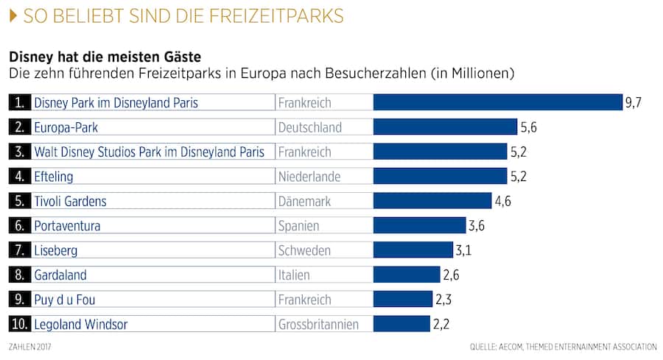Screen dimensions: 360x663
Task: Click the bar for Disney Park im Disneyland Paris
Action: pos(497,102)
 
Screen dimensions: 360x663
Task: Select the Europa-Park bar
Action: pos(445,127)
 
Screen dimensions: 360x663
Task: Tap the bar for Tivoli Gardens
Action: pos(432,201)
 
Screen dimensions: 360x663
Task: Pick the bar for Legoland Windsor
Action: pos(401,324)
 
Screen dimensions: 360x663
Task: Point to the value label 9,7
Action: pos(634,102)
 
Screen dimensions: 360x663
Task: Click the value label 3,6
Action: pos(477,225)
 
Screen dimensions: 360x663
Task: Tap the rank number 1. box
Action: pos(20,102)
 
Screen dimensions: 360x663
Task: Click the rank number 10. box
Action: pos(20,324)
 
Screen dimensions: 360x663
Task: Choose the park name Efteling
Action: pos(54,177)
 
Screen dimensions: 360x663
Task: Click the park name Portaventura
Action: pos(67,225)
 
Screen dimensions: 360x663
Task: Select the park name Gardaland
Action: pos(60,275)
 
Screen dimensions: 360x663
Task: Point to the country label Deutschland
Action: pos(309,127)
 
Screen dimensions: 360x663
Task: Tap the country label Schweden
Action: pos(304,250)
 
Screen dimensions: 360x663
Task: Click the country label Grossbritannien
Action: pos(318,324)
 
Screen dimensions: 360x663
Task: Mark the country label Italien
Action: pos(294,275)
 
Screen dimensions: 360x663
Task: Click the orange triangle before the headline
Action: pos(13,16)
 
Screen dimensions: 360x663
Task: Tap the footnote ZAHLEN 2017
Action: pos(29,346)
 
